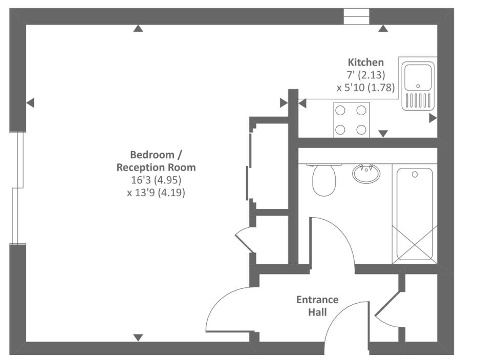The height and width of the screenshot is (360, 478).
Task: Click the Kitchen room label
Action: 365,62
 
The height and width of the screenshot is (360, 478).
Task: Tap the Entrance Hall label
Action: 317,306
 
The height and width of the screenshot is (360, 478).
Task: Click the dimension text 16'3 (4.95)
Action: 156,180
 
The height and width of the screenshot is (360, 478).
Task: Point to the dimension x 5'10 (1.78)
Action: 366,88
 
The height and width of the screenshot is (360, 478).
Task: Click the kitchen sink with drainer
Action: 418,86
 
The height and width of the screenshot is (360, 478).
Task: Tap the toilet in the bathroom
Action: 323,180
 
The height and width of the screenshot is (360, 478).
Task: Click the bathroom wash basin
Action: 366,173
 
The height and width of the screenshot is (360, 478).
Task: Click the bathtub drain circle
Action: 415,175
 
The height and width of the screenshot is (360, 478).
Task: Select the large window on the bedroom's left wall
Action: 18,188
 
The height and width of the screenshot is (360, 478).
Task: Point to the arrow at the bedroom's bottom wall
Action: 138,337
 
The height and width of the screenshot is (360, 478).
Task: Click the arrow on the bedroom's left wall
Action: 30,103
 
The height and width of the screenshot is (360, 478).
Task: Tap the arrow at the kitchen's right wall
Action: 432,118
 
